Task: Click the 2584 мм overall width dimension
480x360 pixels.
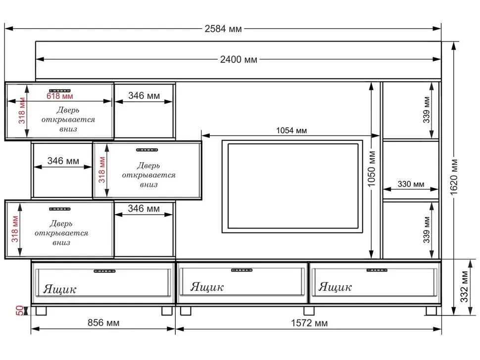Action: [223, 29]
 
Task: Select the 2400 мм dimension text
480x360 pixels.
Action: [239, 59]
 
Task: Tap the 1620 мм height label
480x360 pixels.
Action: [454, 177]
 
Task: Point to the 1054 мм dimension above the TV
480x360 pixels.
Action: [291, 131]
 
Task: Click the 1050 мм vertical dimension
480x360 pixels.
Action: [371, 169]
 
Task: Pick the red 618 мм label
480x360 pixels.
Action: [60, 96]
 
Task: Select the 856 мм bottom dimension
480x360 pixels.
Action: [103, 323]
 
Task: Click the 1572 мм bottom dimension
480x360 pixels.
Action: [309, 323]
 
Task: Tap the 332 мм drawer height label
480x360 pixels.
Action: [464, 287]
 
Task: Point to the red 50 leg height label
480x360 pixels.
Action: [19, 310]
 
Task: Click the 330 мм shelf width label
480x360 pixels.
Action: [411, 184]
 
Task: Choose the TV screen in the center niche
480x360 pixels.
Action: [292, 186]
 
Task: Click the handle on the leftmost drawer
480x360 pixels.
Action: [104, 271]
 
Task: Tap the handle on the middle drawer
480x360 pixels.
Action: [241, 270]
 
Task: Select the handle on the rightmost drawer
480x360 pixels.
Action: [377, 270]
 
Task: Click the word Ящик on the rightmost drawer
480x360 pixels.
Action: [335, 287]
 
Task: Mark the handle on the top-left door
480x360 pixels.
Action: [60, 90]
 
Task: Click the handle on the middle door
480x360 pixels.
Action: [147, 150]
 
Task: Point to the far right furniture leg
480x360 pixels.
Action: [432, 311]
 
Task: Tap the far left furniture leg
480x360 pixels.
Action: [41, 311]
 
